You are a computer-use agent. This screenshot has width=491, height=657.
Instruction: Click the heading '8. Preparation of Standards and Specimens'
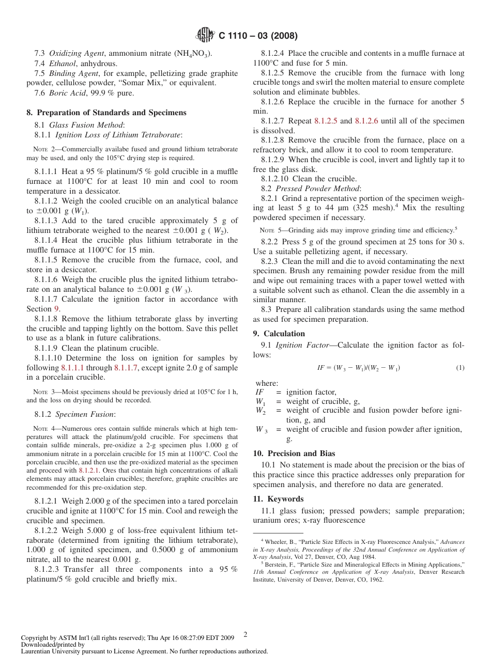click(x=106, y=113)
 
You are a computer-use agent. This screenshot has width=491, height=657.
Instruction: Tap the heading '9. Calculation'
click(x=279, y=334)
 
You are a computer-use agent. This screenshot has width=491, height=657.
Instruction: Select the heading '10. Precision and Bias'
click(x=294, y=453)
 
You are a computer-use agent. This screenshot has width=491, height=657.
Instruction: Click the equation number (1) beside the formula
click(x=460, y=368)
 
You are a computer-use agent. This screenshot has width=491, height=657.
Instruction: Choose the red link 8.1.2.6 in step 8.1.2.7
click(x=366, y=121)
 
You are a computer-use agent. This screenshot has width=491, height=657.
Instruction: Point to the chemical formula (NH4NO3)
click(x=192, y=53)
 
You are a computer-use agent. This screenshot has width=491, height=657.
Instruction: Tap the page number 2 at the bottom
click(x=245, y=634)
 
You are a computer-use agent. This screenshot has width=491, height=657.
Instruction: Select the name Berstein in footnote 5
click(x=278, y=565)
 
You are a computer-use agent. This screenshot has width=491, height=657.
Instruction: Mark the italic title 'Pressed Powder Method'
click(x=318, y=189)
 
